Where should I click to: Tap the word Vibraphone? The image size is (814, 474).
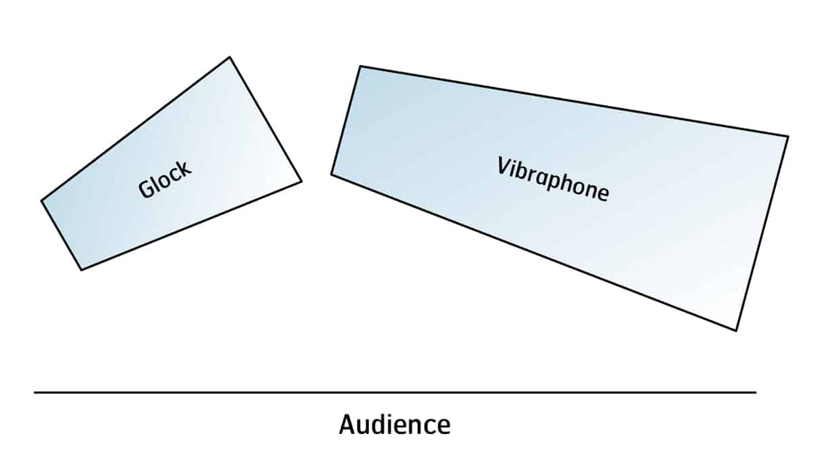tap(553, 179)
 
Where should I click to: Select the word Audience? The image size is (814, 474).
tap(394, 425)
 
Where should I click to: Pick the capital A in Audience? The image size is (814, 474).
tap(347, 425)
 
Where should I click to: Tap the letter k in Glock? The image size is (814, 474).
tap(185, 168)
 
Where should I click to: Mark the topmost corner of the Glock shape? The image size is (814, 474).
tap(229, 58)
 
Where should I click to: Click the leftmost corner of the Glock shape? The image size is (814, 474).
tap(42, 201)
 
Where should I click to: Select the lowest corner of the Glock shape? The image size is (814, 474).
tap(81, 269)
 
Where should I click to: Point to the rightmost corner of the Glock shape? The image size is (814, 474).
tap(301, 181)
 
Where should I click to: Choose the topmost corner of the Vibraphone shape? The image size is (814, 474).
tap(360, 66)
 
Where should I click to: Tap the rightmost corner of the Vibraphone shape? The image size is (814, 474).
tap(788, 136)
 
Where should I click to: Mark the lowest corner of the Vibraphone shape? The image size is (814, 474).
tap(736, 330)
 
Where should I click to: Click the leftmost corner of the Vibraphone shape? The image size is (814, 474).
tap(332, 174)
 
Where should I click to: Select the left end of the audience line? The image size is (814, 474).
tap(35, 392)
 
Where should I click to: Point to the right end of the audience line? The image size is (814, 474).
tap(755, 392)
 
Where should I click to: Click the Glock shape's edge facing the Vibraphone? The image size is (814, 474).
tap(265, 119)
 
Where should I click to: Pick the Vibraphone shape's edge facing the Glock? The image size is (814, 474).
tap(345, 121)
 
